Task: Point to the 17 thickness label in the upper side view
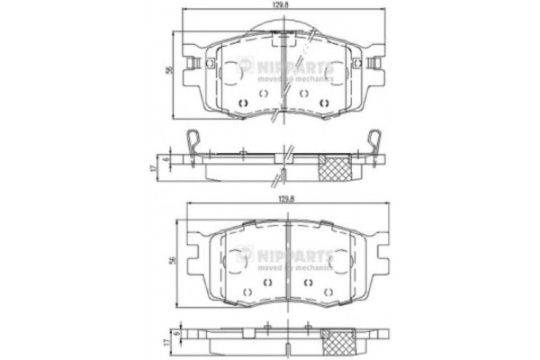click(154, 168)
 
